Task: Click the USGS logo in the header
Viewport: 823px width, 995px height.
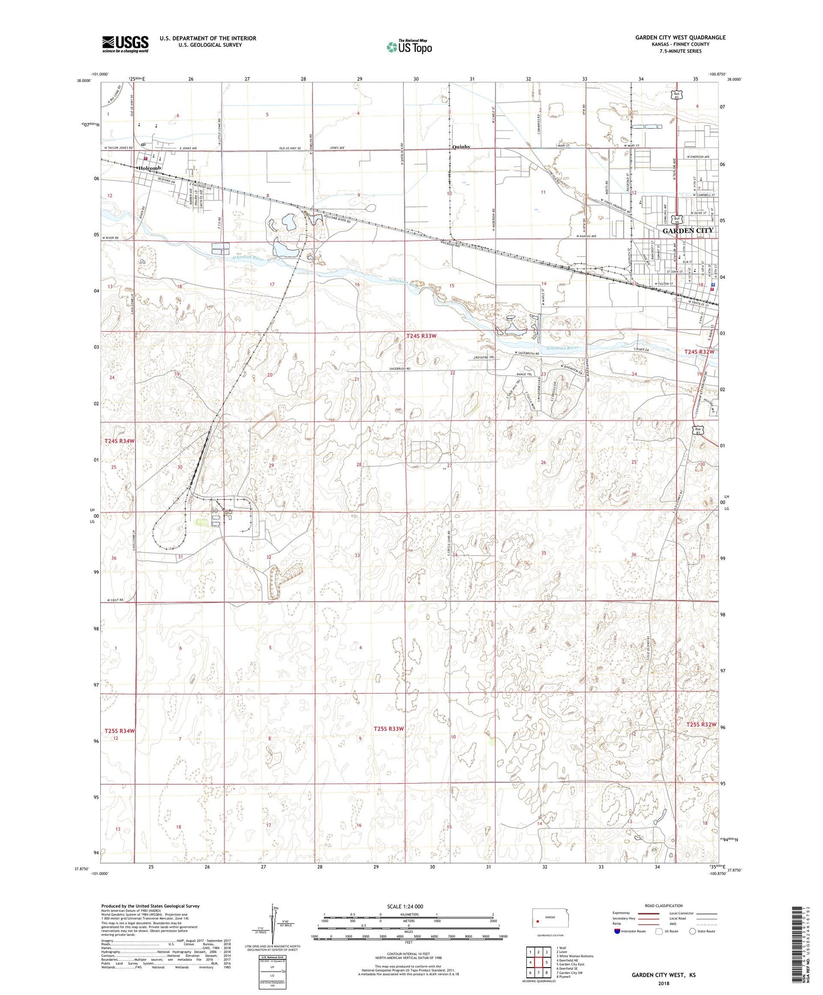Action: (x=125, y=44)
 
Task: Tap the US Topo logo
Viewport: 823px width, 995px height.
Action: (x=408, y=47)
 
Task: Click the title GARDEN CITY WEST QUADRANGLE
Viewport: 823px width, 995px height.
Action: (x=680, y=38)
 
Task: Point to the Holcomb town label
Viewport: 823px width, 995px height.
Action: (x=149, y=168)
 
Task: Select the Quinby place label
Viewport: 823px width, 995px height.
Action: (x=461, y=147)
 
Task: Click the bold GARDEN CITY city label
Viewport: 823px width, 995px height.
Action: (x=687, y=230)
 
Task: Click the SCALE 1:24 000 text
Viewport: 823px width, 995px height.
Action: (x=405, y=906)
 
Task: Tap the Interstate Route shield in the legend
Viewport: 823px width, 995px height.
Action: (x=618, y=931)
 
